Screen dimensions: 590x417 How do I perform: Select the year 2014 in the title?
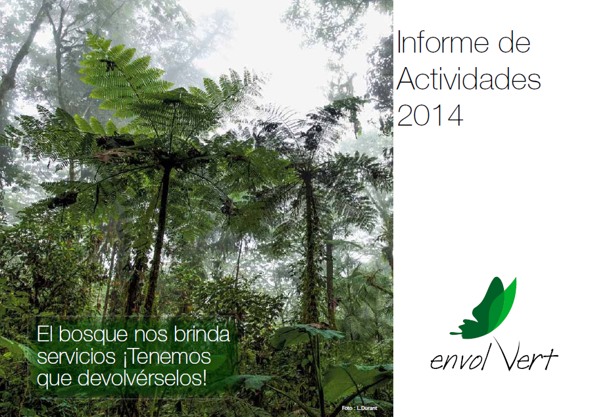pos(430,115)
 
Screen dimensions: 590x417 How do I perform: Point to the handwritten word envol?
pos(459,360)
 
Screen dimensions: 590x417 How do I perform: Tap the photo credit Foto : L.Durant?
pos(359,408)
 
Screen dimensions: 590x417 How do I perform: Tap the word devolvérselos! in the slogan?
pos(142,378)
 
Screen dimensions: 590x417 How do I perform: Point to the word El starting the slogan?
pos(45,334)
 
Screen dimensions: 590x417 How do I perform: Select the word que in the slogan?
pos(54,380)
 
